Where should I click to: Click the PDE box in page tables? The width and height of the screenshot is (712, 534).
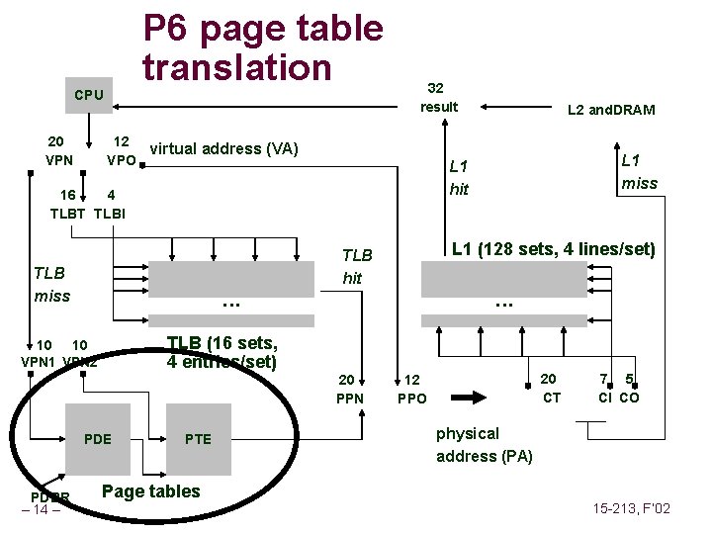pyautogui.click(x=98, y=439)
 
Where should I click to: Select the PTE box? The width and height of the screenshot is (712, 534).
pyautogui.click(x=198, y=439)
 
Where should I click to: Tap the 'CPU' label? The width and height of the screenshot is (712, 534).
pyautogui.click(x=89, y=95)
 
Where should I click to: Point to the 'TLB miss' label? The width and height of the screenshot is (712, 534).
pyautogui.click(x=51, y=284)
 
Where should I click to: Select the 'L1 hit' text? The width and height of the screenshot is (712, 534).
pyautogui.click(x=459, y=177)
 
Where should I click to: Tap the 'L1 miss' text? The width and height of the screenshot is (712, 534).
pyautogui.click(x=639, y=170)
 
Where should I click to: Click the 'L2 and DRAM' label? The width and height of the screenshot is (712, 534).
pyautogui.click(x=610, y=110)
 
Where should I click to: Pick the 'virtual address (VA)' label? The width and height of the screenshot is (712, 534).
pyautogui.click(x=223, y=149)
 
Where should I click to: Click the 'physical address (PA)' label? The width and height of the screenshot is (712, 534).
pyautogui.click(x=484, y=444)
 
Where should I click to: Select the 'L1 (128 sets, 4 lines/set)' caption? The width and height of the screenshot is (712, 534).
pyautogui.click(x=553, y=249)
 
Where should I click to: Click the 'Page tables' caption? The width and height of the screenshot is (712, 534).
pyautogui.click(x=150, y=491)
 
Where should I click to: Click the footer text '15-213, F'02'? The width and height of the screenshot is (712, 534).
pyautogui.click(x=630, y=509)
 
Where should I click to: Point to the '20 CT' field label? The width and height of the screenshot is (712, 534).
pyautogui.click(x=551, y=388)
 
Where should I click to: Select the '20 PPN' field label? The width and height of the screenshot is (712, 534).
pyautogui.click(x=350, y=389)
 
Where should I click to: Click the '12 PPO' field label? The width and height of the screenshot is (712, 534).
pyautogui.click(x=411, y=389)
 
